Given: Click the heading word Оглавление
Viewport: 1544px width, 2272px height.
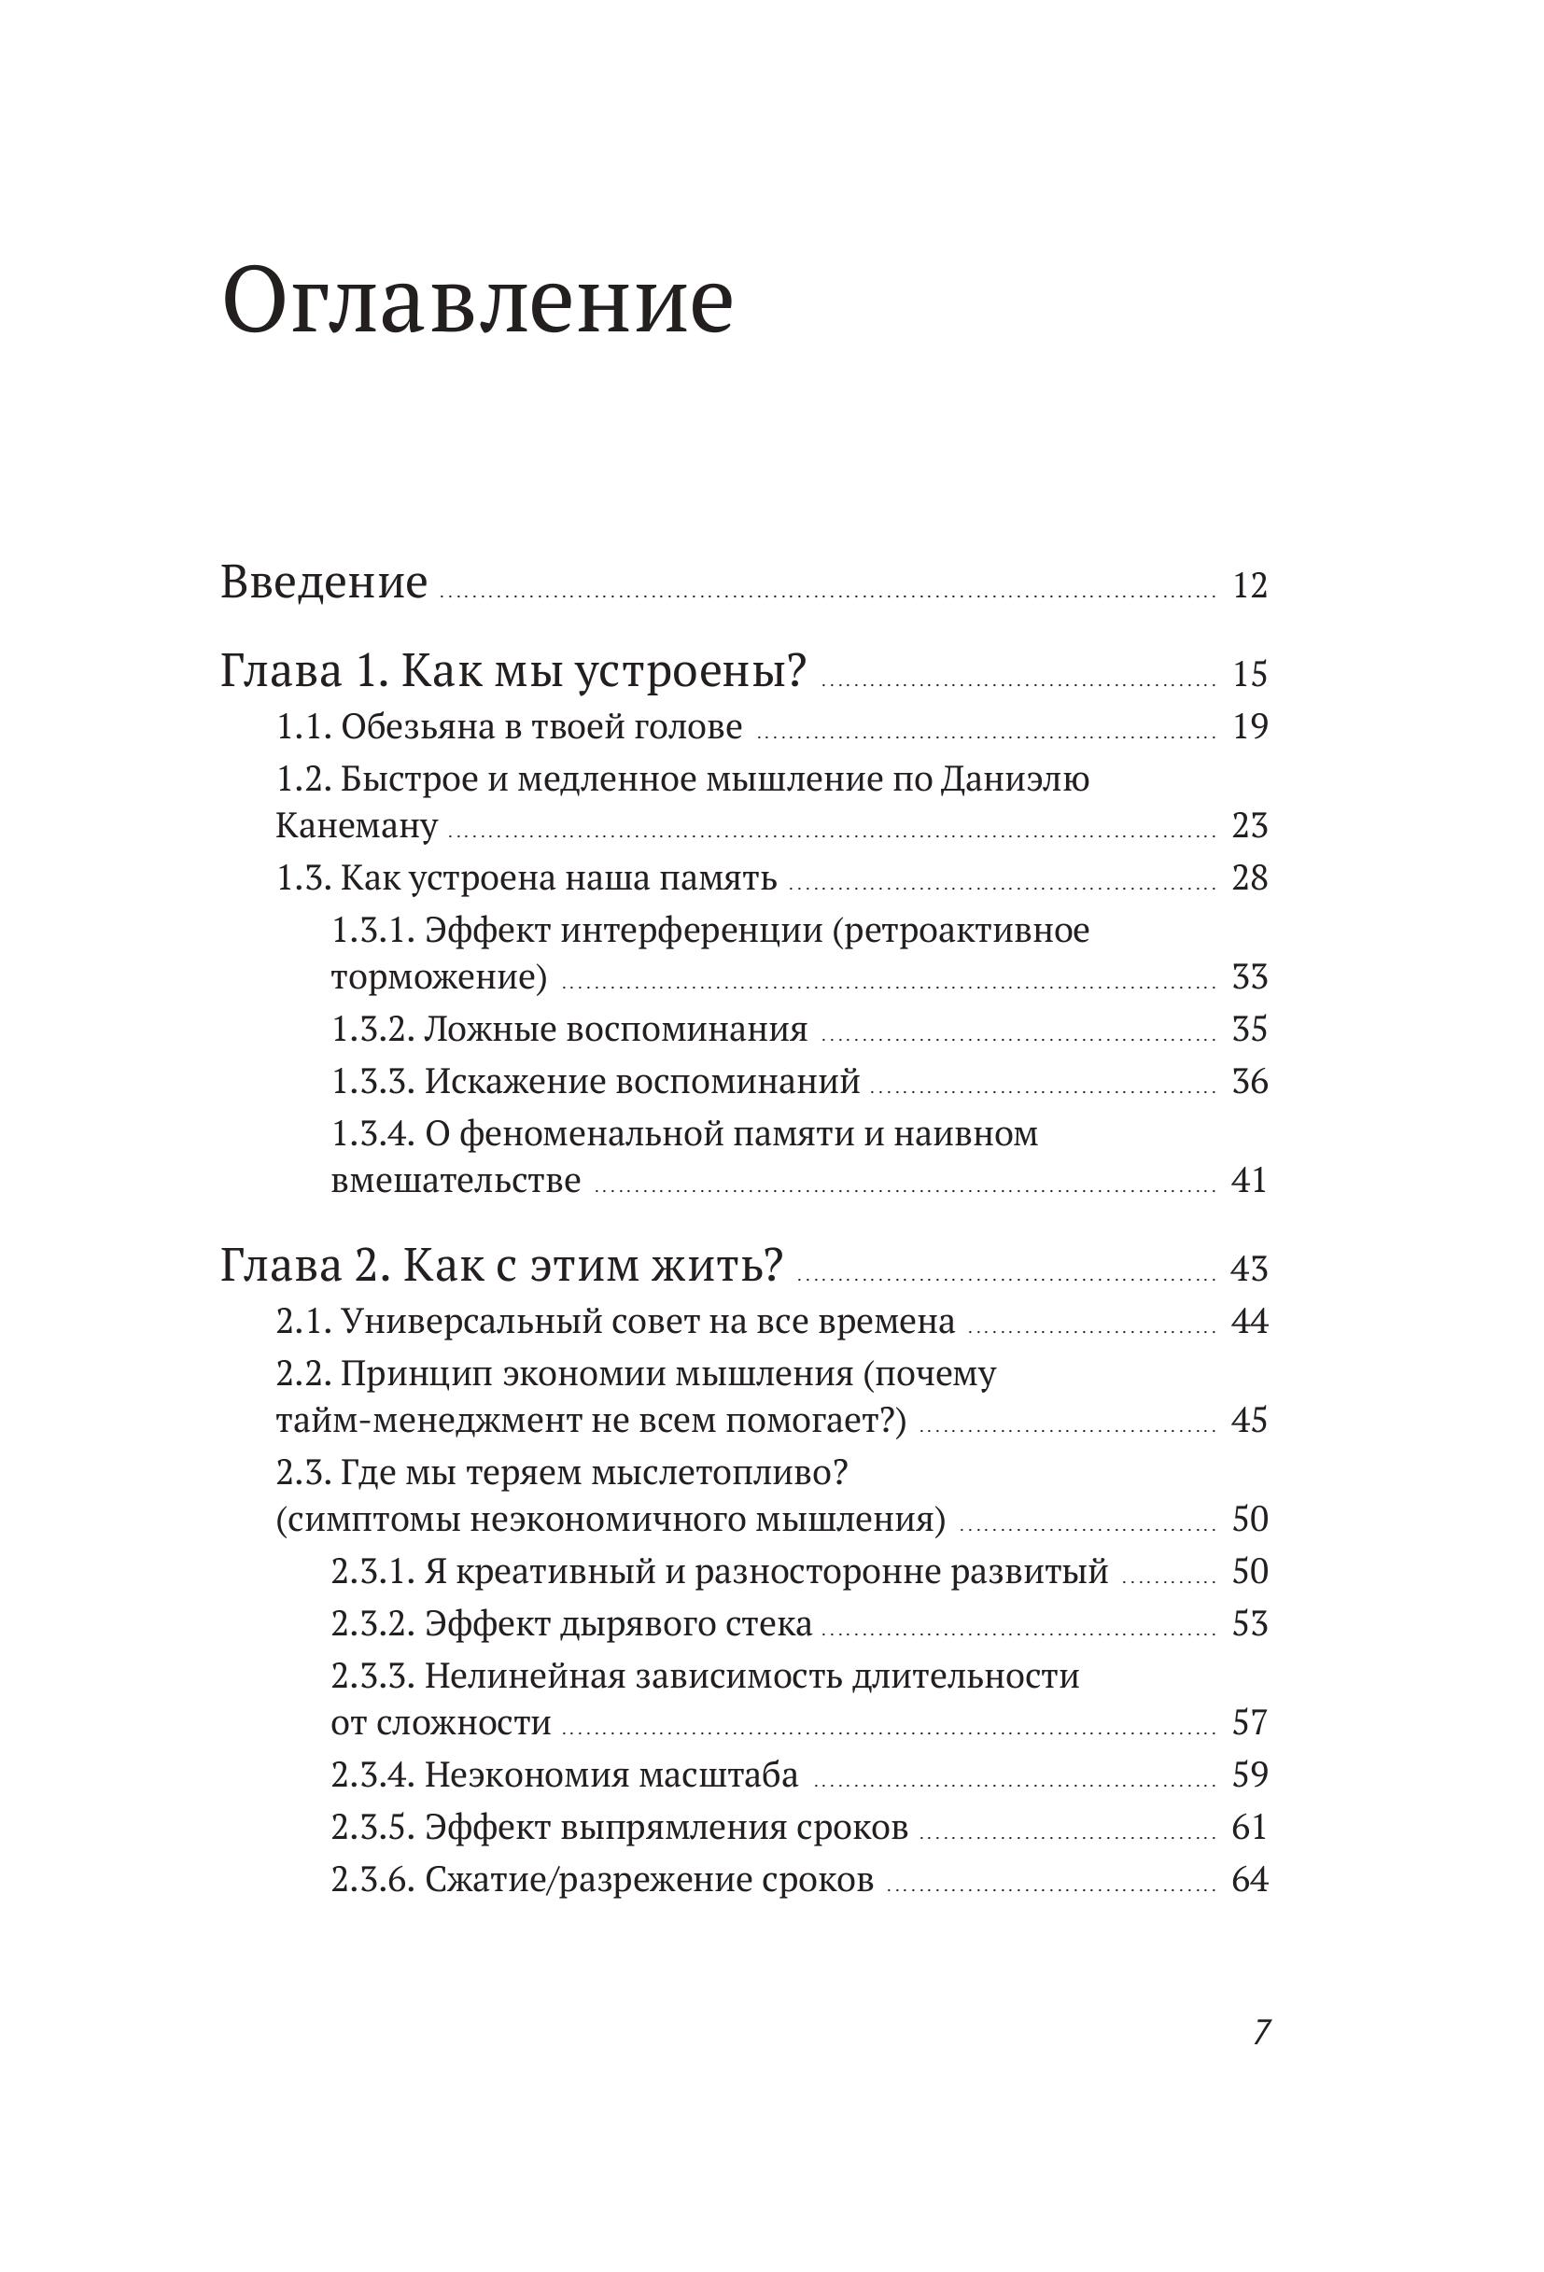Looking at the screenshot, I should (477, 303).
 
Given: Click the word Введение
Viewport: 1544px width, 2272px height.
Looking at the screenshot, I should (324, 582).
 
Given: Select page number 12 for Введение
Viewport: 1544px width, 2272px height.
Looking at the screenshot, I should (1250, 586).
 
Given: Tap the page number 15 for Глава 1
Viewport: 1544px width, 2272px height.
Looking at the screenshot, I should (1250, 675).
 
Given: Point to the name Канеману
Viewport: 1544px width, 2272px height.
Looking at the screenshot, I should (356, 826).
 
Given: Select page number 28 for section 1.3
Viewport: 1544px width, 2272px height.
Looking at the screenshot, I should (1250, 878).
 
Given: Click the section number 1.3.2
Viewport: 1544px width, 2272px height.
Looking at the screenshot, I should (375, 1030).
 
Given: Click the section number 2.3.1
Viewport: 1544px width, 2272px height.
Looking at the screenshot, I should (375, 1572).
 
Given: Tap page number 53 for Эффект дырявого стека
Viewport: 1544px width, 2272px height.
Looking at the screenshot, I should (1250, 1625).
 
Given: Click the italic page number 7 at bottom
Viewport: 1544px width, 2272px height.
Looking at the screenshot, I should (1260, 2032).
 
